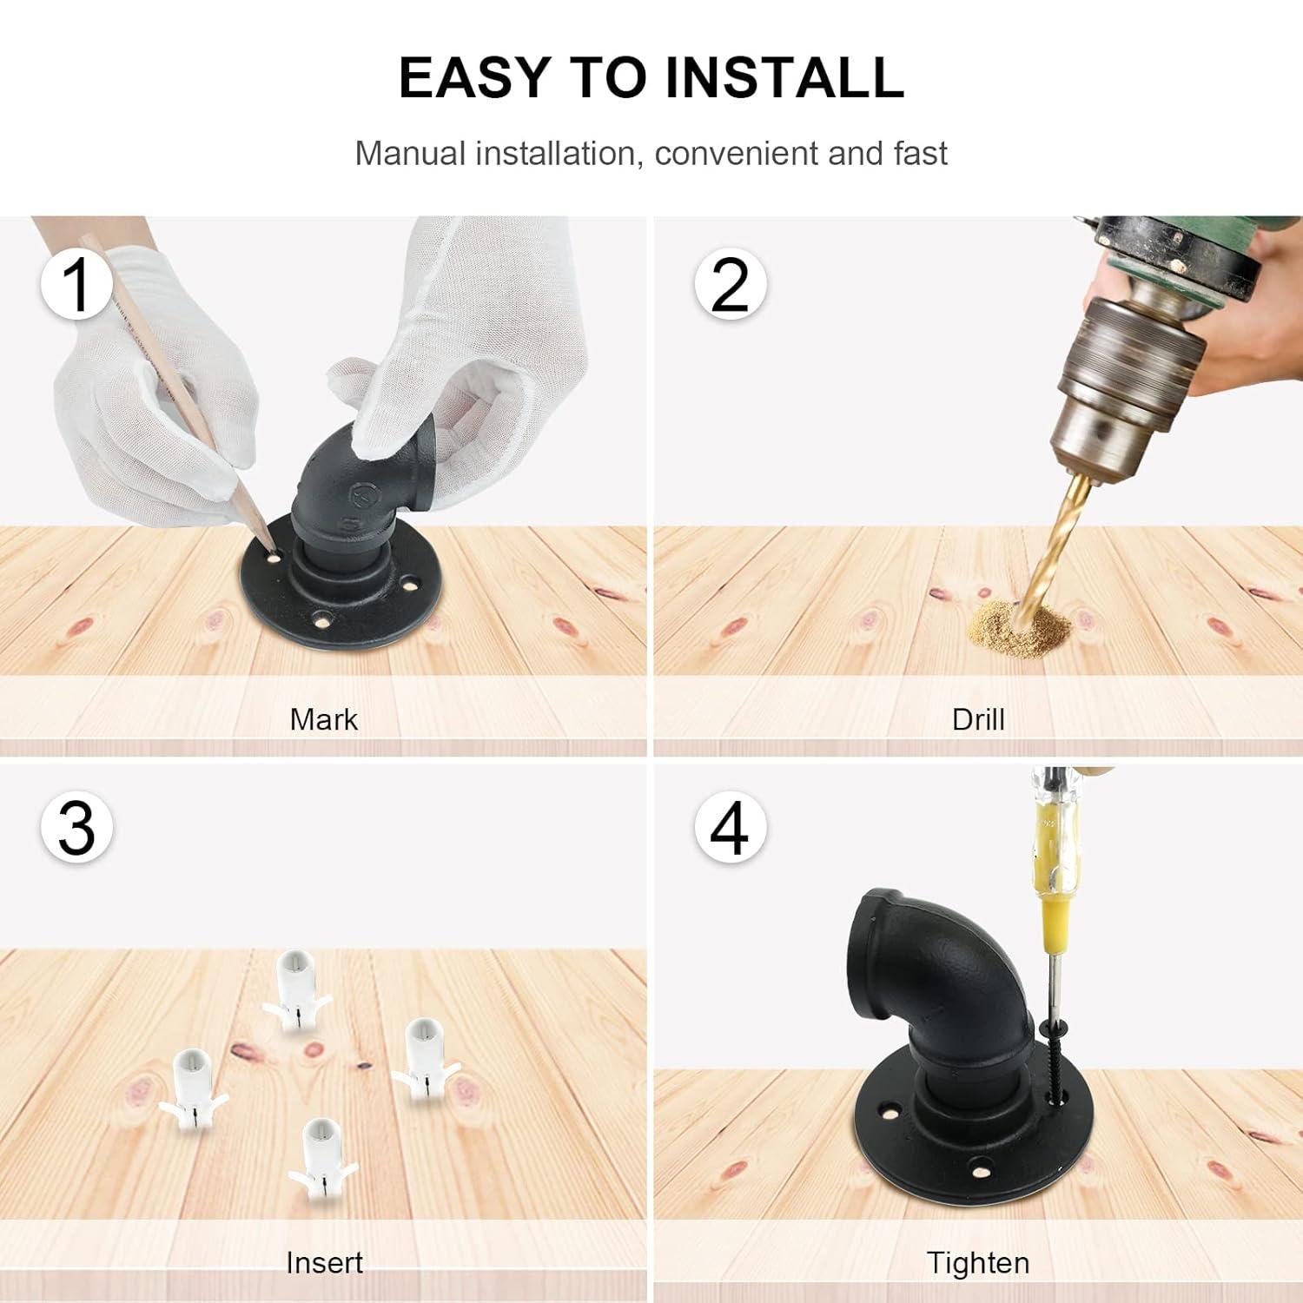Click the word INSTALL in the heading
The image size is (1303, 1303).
[784, 77]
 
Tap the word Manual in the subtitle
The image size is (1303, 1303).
[411, 154]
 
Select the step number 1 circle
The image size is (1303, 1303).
[76, 283]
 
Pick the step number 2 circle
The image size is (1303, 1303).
[730, 283]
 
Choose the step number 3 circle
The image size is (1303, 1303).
[76, 827]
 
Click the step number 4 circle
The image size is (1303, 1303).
[730, 827]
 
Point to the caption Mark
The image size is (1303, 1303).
[323, 719]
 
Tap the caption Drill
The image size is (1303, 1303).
[978, 719]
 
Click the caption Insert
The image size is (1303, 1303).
[324, 1262]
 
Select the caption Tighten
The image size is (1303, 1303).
[978, 1263]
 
